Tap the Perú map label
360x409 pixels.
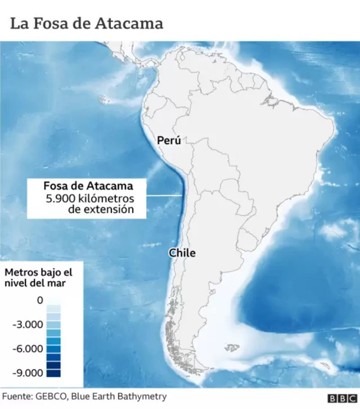[x=169, y=141]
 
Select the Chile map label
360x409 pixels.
[x=182, y=253]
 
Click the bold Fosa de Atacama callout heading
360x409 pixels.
[x=88, y=186]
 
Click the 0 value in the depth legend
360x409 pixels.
[x=40, y=300]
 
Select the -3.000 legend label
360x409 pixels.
[x=28, y=325]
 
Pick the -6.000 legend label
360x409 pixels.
[x=28, y=349]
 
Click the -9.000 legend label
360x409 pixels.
[x=28, y=372]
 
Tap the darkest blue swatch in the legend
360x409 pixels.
[x=53, y=372]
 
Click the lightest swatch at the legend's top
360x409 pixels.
[x=53, y=301]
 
